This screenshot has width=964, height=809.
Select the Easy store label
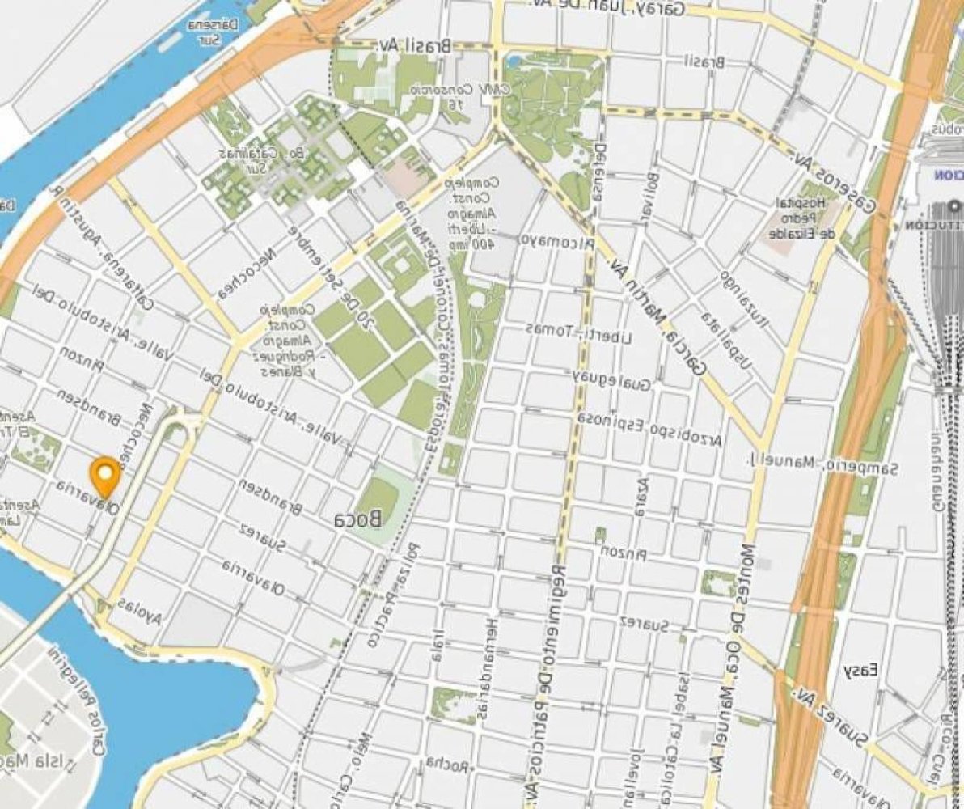coord(861,671)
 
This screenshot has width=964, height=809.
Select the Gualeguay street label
coord(612,381)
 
